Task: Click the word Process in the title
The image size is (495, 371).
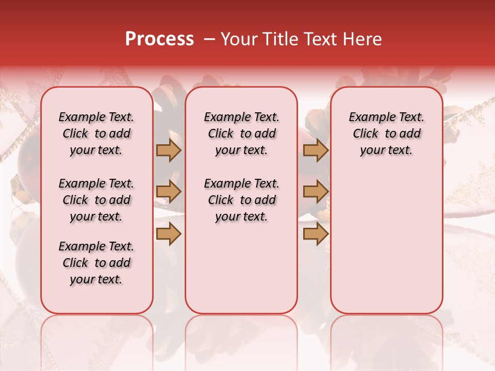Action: pos(159,39)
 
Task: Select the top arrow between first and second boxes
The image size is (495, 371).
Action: pos(169,150)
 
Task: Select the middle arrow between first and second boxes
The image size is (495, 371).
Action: pos(169,192)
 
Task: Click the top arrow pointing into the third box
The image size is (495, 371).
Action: pos(316,150)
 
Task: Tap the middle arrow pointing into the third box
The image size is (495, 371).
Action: pos(316,192)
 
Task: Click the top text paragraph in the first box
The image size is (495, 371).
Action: pos(96,133)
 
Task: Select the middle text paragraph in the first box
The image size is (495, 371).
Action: pos(96,200)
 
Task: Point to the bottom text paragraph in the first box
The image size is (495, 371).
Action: pos(96,263)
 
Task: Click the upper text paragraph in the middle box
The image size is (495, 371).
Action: pos(241,133)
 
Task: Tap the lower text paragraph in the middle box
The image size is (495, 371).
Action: pos(241,200)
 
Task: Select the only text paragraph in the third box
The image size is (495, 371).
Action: pos(386,133)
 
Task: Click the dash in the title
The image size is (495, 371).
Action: pos(209,39)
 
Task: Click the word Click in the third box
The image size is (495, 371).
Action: pos(366,134)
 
